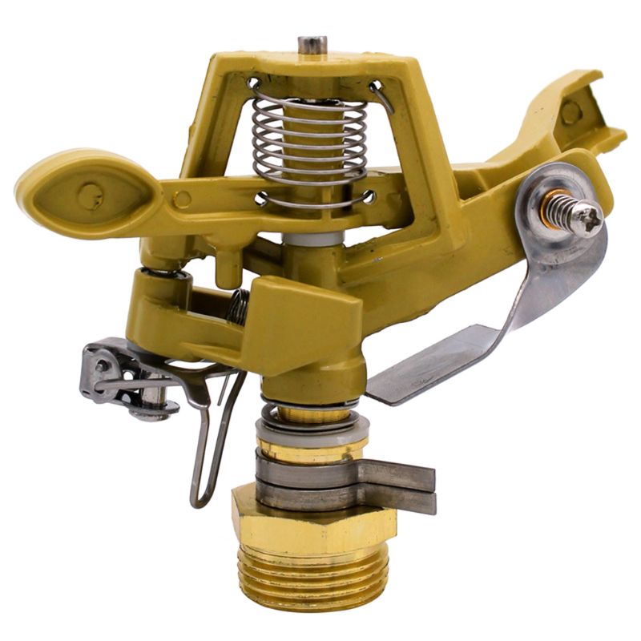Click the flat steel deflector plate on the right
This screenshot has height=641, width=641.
coord(425,377)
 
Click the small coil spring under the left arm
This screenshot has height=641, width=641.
coord(236,304)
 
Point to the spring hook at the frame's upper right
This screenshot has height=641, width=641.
coord(381,93)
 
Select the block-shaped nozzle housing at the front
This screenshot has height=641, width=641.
coord(308,320)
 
